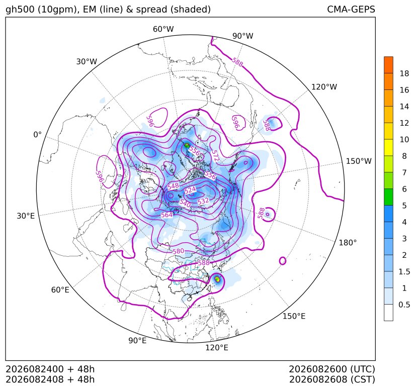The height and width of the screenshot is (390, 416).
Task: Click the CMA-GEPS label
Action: coord(351,9)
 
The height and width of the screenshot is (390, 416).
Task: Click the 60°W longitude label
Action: coord(163,29)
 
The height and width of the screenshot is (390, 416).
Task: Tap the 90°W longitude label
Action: coord(243,36)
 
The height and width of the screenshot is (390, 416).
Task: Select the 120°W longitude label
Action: coord(324,87)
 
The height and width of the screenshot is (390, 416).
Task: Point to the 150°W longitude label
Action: coord(359,161)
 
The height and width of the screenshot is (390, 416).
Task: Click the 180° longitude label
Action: coord(348,243)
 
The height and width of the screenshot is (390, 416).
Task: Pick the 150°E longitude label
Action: coord(294,316)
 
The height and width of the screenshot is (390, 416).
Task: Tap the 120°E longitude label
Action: coord(216,347)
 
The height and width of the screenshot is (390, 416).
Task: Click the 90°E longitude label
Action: coord(137,340)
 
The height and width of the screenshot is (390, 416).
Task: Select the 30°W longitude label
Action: coord(87,61)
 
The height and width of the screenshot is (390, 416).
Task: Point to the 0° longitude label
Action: coord(37,135)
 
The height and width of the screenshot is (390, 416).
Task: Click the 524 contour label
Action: coord(190,190)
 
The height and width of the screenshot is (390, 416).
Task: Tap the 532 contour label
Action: coord(203,201)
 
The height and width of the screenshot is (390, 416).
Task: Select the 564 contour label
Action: coord(167,215)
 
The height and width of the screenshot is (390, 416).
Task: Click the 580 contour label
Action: coord(178,251)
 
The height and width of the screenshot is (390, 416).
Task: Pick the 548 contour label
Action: coord(173,186)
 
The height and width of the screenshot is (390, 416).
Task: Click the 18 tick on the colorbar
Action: coord(404,73)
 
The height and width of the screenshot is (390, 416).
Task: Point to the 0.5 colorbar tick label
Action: coord(404,305)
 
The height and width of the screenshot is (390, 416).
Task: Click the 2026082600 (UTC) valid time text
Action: coord(332,369)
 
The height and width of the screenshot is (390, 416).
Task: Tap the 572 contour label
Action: coord(215,156)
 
